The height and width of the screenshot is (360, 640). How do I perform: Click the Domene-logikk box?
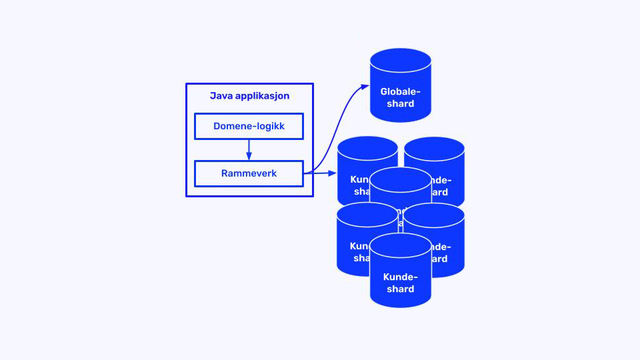pyautogui.click(x=249, y=126)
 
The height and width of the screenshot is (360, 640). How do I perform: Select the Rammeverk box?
pyautogui.click(x=249, y=173)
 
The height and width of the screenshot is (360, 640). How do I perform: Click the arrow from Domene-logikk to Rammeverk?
pyautogui.click(x=249, y=148)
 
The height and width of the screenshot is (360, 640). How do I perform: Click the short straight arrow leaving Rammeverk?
pyautogui.click(x=320, y=173)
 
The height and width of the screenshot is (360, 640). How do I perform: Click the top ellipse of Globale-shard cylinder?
pyautogui.click(x=400, y=59)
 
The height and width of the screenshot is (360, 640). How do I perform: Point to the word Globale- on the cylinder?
pyautogui.click(x=400, y=92)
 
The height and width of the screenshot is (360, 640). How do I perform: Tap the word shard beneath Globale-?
pyautogui.click(x=400, y=104)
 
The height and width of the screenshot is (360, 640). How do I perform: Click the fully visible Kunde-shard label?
pyautogui.click(x=400, y=283)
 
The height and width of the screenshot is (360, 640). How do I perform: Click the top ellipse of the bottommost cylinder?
pyautogui.click(x=400, y=245)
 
